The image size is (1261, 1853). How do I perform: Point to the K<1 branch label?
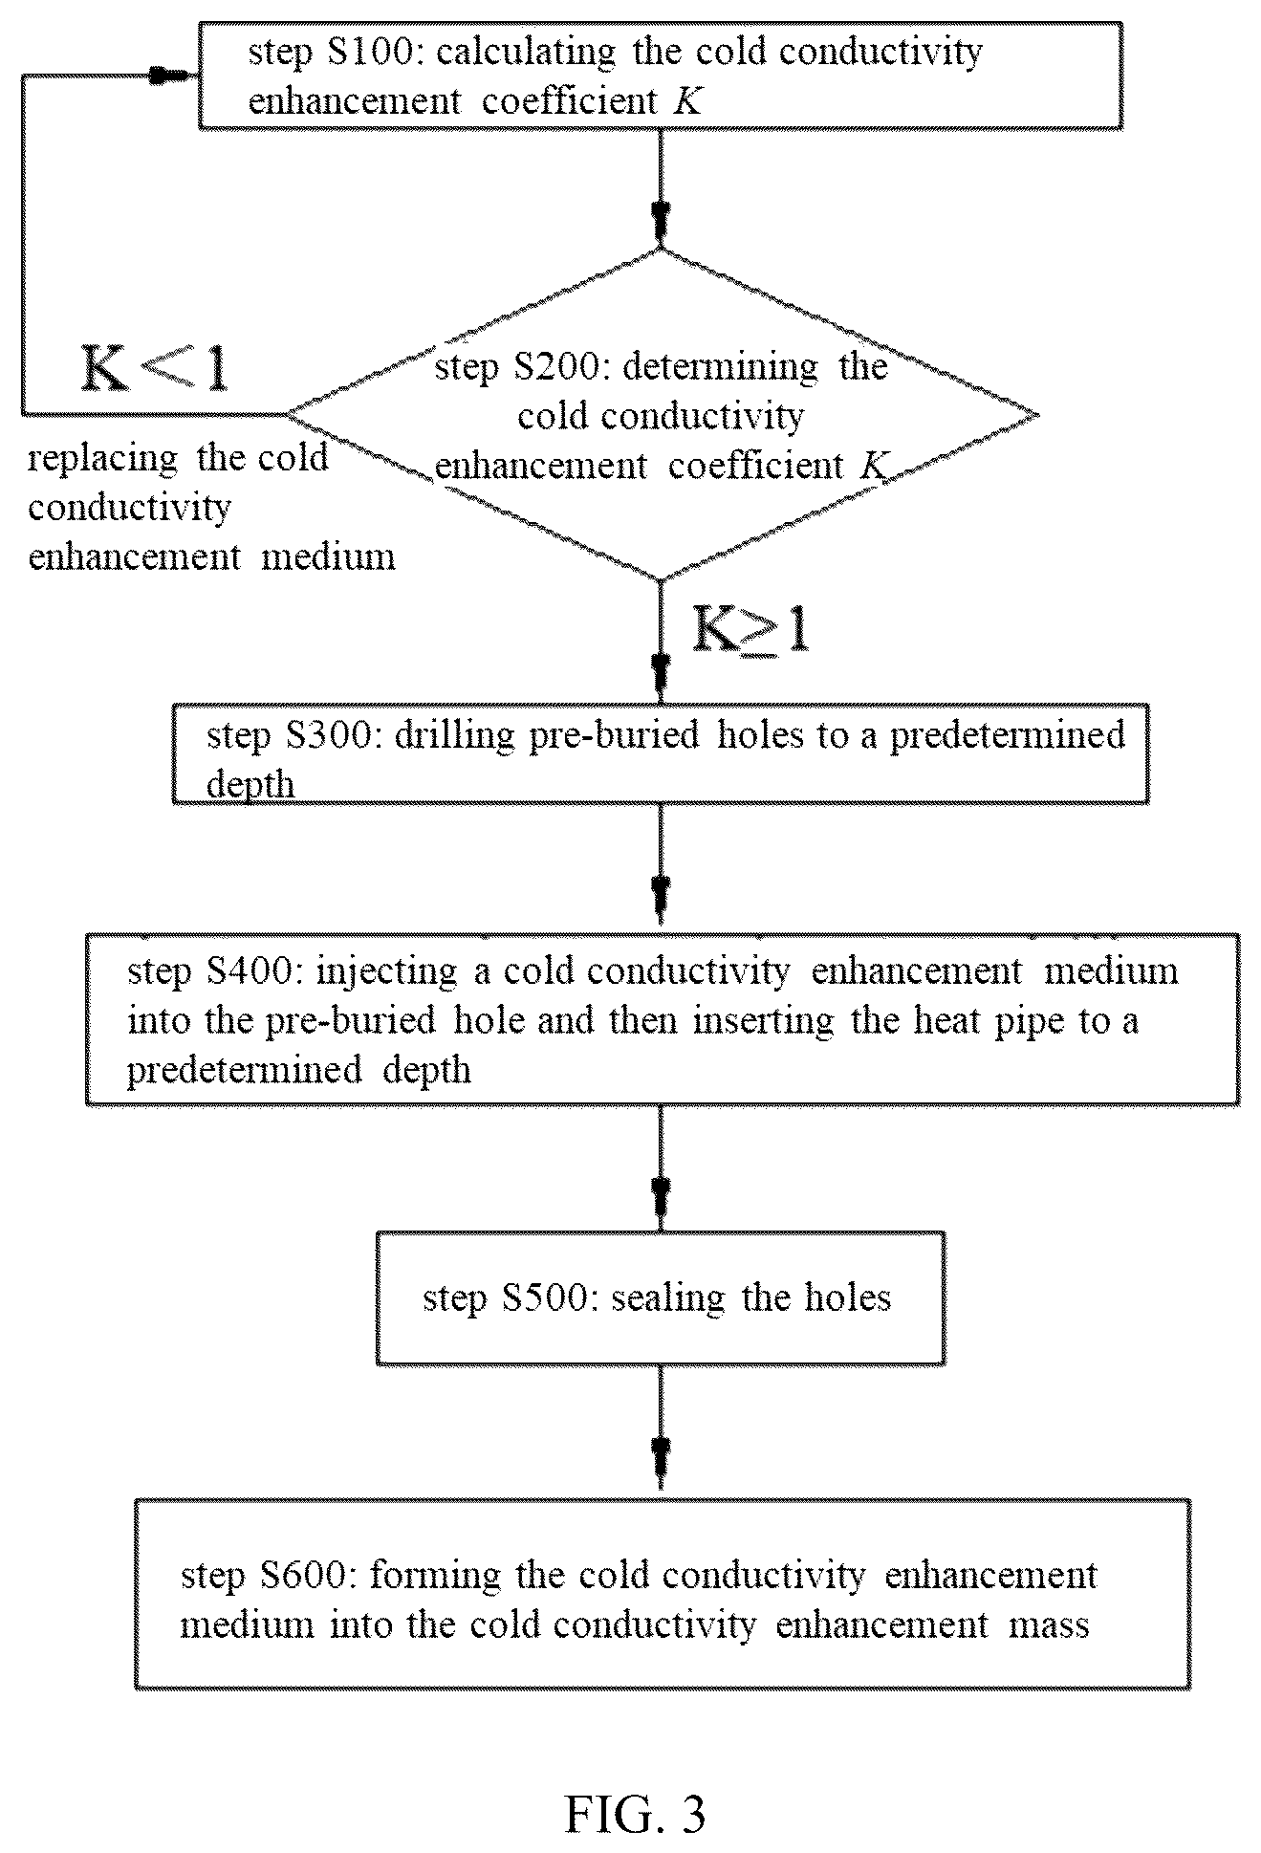(x=156, y=368)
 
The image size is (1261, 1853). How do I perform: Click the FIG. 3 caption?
(x=635, y=1786)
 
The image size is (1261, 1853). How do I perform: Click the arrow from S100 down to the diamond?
(x=660, y=188)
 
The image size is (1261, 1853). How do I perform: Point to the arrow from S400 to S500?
(x=660, y=1168)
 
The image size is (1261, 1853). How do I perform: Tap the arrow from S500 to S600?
(x=660, y=1431)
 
